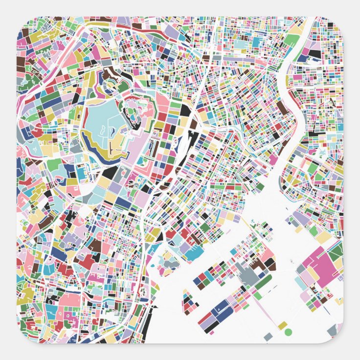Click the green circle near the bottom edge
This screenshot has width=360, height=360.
[x=288, y=332]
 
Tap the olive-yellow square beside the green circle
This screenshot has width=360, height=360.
[x=282, y=325]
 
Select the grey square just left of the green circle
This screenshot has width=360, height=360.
[x=268, y=337]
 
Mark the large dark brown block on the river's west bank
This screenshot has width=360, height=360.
[x=282, y=108]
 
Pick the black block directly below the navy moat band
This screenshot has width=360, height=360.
[x=110, y=172]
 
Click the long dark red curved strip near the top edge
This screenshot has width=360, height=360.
[x=147, y=31]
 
